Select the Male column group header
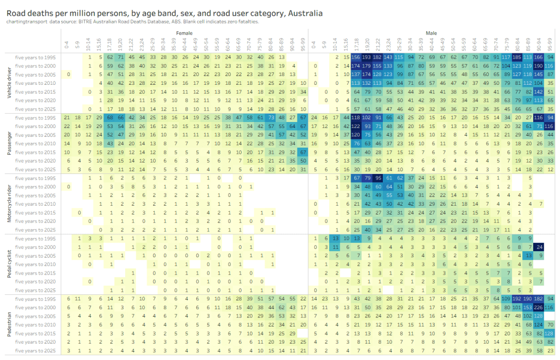tap(431, 33)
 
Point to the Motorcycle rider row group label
tap(8, 204)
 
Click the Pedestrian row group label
tap(8, 324)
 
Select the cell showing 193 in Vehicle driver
tap(366, 57)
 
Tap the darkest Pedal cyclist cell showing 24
tap(539, 247)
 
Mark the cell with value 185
tap(516, 57)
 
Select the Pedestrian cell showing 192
tap(516, 299)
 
